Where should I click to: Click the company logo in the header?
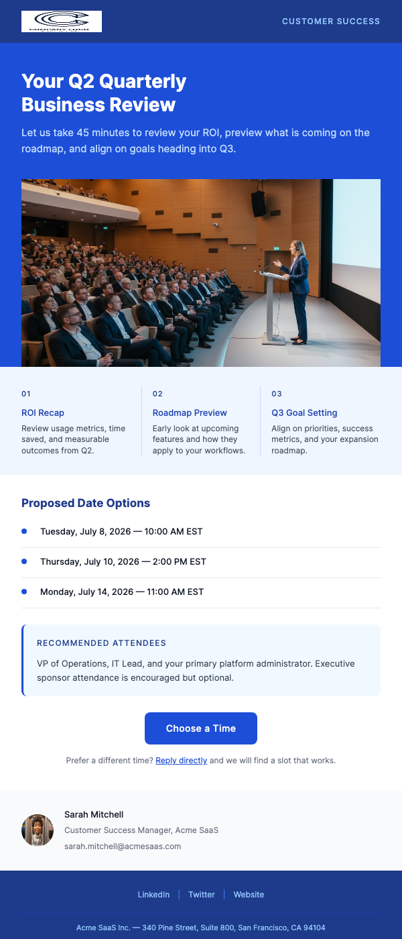tap(62, 21)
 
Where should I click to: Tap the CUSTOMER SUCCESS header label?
tap(331, 21)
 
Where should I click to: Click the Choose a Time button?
tap(201, 728)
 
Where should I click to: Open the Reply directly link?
tap(181, 761)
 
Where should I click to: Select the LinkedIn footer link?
tap(153, 895)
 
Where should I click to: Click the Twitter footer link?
tap(202, 895)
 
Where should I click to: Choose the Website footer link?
tap(249, 895)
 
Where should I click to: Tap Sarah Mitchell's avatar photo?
tap(38, 830)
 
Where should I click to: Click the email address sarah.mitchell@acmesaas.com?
tap(123, 846)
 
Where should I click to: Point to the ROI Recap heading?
tap(43, 413)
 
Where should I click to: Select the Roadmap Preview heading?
tap(190, 413)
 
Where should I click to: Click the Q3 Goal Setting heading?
tap(304, 413)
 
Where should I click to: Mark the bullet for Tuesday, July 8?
tap(24, 531)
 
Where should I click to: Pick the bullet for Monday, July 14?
tap(24, 592)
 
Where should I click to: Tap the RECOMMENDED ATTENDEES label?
tap(101, 643)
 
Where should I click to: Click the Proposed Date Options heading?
tap(86, 503)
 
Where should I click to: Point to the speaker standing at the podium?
tap(297, 288)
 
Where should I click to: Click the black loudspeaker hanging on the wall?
tap(259, 203)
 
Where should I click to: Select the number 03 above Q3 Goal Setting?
tap(277, 394)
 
